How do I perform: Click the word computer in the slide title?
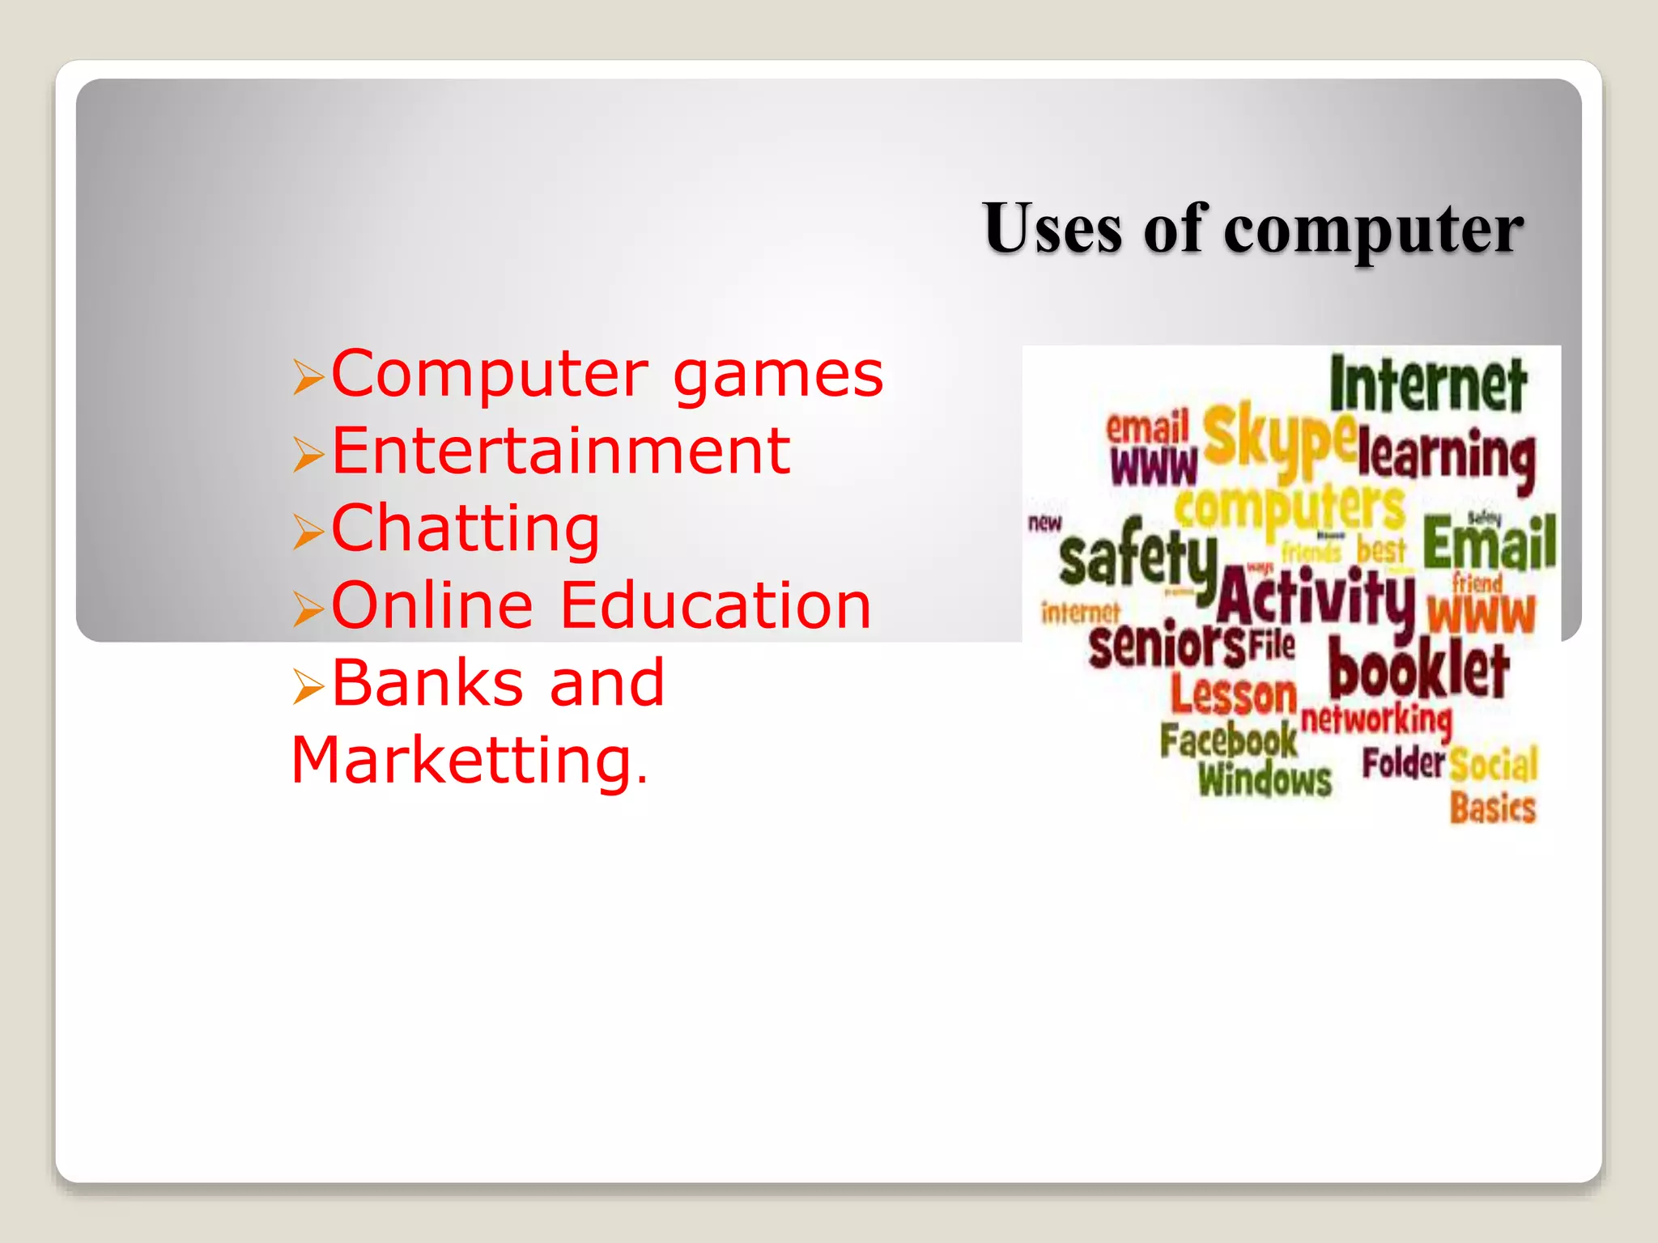tap(1373, 231)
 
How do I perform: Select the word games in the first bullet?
tap(777, 376)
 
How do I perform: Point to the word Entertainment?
tap(560, 451)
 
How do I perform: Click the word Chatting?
tap(466, 528)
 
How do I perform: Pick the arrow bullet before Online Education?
tap(308, 608)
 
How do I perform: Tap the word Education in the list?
tap(715, 605)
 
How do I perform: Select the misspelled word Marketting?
tap(469, 760)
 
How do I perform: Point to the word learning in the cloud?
tap(1446, 456)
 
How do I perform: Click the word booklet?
tap(1418, 668)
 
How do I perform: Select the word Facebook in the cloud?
tap(1227, 739)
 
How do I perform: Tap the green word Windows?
tap(1265, 779)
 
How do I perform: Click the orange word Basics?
tap(1492, 808)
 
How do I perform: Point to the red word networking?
tap(1376, 719)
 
